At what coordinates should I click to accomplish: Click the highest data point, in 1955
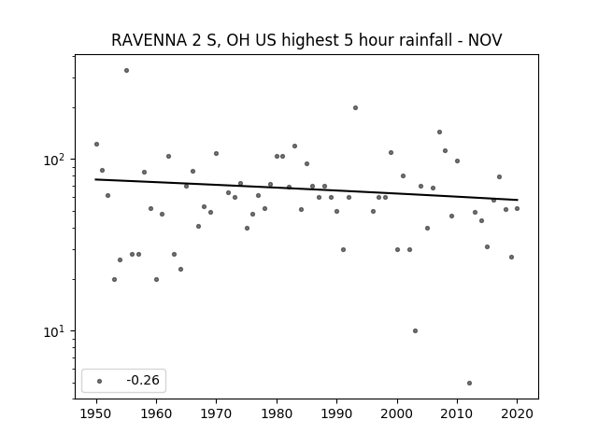[127, 71]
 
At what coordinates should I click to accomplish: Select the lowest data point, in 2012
[469, 384]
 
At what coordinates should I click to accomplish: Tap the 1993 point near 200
[355, 108]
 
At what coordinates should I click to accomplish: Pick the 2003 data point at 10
[415, 331]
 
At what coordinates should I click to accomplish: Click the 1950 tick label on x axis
[96, 413]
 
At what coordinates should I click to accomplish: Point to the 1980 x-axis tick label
[277, 413]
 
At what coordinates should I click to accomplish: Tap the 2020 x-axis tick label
[517, 413]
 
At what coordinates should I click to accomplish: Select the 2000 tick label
[397, 413]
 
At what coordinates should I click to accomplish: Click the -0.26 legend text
[143, 380]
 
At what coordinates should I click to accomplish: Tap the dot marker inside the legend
[100, 382]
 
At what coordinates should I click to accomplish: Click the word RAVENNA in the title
[149, 40]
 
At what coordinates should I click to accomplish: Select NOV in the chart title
[485, 40]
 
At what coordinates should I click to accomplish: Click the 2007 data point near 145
[440, 133]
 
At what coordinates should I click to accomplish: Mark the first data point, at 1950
[96, 144]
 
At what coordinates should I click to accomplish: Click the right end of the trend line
[518, 200]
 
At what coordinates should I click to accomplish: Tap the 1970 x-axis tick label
[217, 413]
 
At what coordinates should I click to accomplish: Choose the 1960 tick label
[156, 413]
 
